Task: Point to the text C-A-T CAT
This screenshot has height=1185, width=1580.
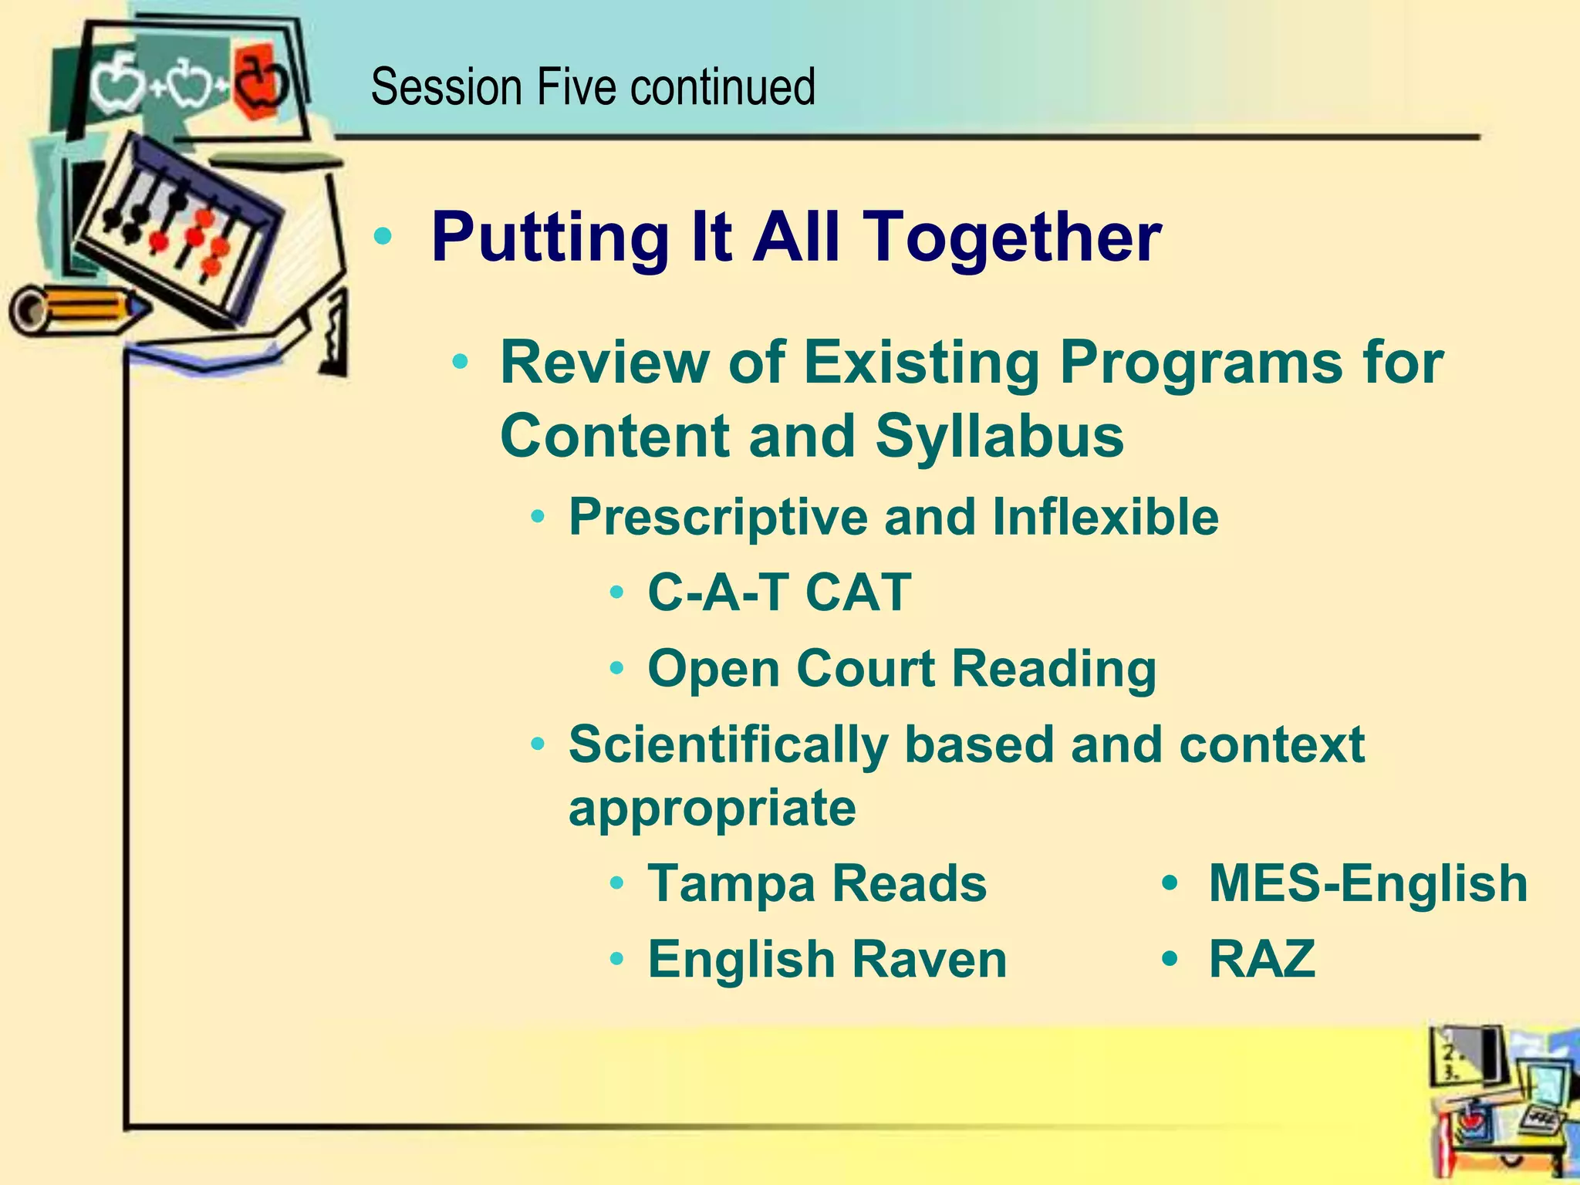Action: (x=779, y=592)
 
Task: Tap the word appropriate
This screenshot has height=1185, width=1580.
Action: (x=712, y=808)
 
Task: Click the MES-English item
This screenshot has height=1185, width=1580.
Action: (x=1367, y=883)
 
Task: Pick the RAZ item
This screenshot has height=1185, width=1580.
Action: (x=1261, y=959)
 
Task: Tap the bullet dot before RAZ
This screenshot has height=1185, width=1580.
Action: (x=1170, y=959)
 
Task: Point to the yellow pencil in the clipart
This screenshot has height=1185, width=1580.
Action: (x=77, y=309)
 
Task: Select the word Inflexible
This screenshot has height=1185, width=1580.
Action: (x=1106, y=517)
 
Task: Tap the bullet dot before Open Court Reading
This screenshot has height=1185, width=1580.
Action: (x=616, y=669)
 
